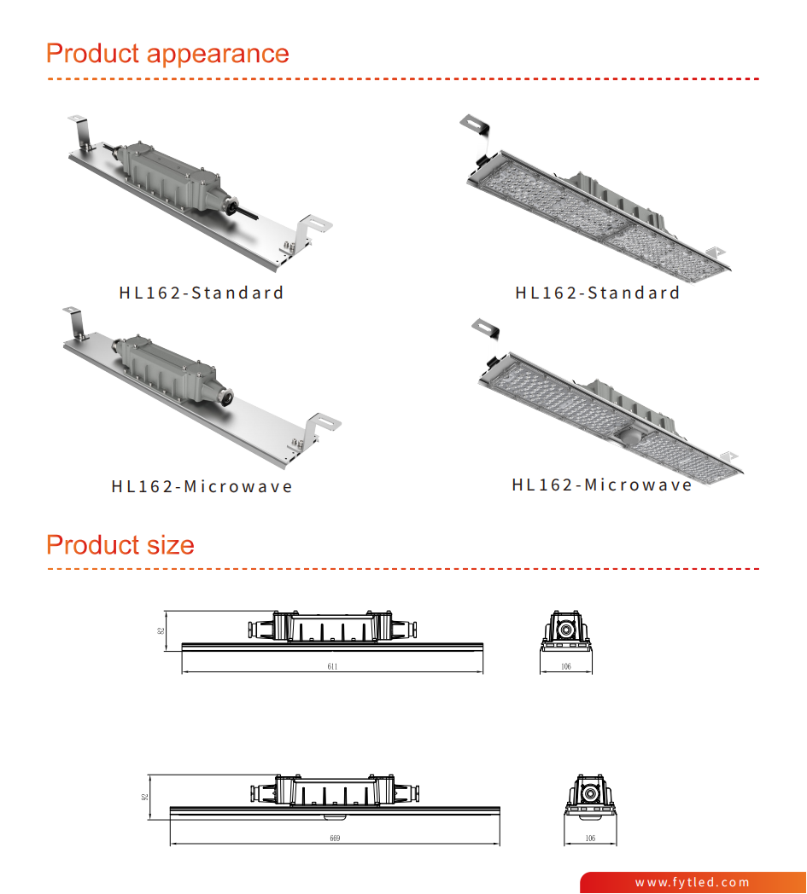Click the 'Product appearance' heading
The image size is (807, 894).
click(167, 54)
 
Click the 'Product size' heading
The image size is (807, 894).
click(120, 544)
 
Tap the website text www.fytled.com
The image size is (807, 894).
click(692, 882)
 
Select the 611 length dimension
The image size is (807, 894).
click(333, 666)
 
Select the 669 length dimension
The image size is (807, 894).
click(335, 839)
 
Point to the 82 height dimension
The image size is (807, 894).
click(161, 630)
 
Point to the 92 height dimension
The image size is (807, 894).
click(145, 796)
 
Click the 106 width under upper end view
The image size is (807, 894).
click(566, 666)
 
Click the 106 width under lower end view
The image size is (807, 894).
click(589, 839)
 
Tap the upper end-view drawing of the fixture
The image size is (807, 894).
click(566, 632)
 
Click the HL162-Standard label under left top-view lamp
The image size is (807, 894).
click(202, 293)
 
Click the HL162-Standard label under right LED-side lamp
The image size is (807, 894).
click(598, 293)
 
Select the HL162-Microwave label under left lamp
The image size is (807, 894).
click(202, 487)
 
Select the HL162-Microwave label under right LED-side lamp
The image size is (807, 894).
click(602, 485)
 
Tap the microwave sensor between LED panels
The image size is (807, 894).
click(625, 435)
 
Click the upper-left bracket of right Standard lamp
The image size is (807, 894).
click(473, 125)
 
